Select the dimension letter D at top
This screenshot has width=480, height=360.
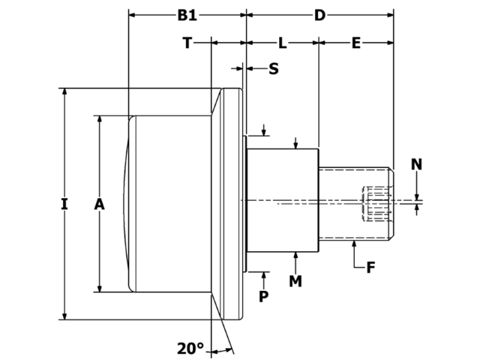pos(319,15)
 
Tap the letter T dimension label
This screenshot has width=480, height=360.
pos(187,43)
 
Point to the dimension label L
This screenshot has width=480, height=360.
pos(282,43)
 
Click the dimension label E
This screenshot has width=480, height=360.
pos(356,43)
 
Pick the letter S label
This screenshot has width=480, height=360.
pos(273,69)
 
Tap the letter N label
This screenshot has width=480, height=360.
pos(417,164)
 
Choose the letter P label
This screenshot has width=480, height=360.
pos(263,296)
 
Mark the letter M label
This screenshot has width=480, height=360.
pos(297,280)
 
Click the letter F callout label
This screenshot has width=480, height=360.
pos(370,267)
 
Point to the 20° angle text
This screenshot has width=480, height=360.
pos(190,348)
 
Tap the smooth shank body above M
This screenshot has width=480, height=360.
pos(283,201)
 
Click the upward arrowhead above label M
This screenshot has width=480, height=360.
pos(297,256)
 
